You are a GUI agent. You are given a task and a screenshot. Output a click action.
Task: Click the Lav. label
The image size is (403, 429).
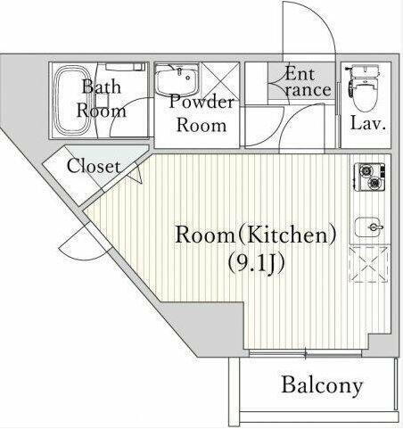click(x=366, y=124)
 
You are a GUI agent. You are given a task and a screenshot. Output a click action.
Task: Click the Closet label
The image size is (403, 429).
click(x=94, y=166)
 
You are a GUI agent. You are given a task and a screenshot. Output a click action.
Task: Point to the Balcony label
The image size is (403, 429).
click(x=322, y=385)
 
